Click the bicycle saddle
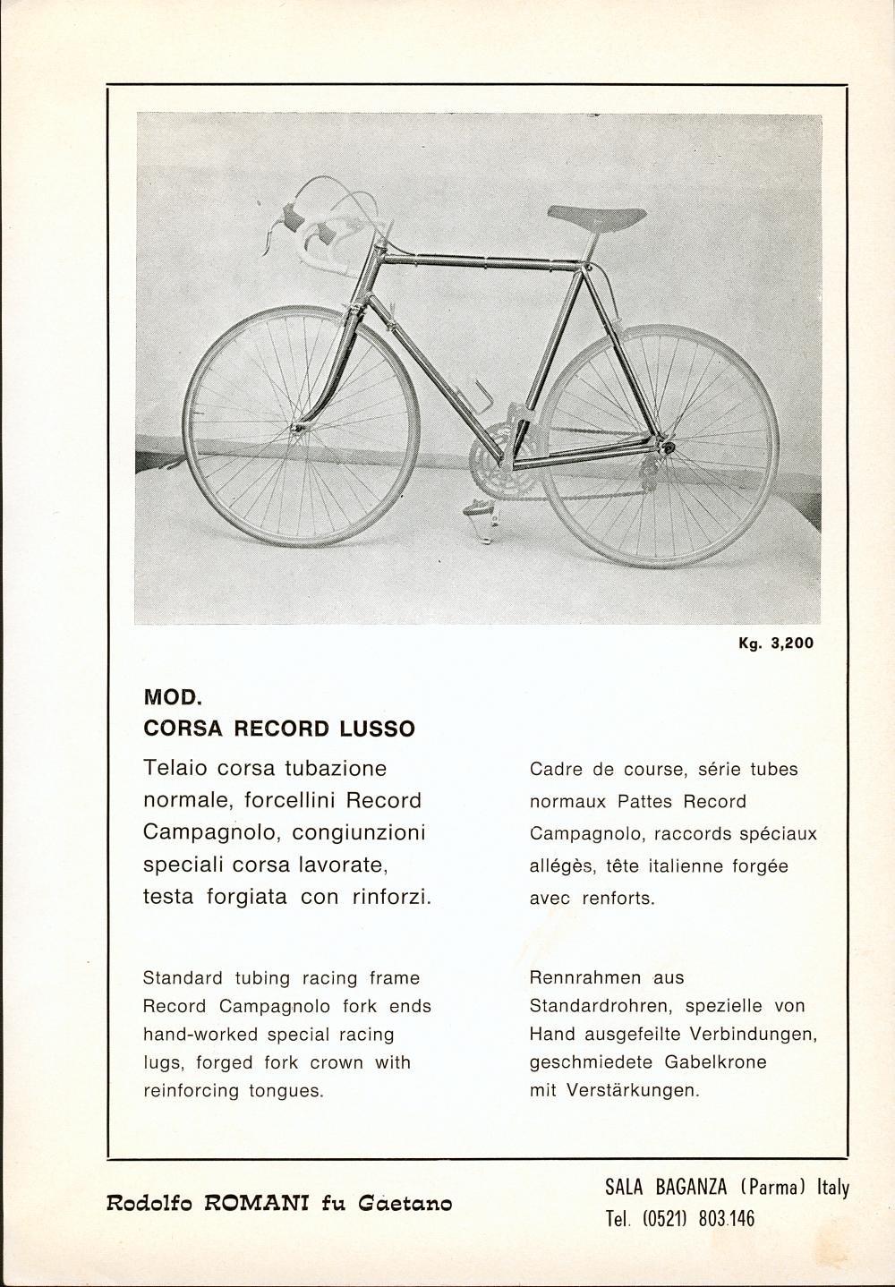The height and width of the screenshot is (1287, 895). (x=596, y=216)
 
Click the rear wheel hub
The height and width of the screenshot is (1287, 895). (x=665, y=444)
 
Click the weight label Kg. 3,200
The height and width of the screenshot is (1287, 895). (x=776, y=643)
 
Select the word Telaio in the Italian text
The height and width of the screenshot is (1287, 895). (x=176, y=768)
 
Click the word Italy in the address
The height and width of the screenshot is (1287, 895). (x=832, y=1188)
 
